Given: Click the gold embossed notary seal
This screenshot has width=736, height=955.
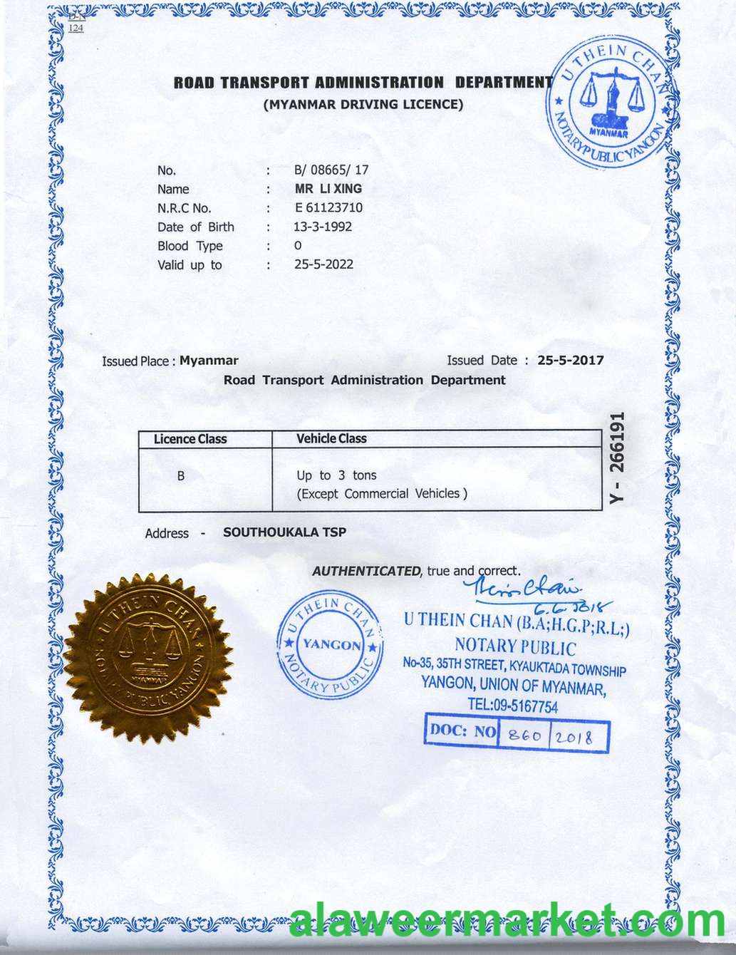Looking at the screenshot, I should point(150,656).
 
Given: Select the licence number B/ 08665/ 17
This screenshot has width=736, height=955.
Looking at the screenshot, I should point(331,170).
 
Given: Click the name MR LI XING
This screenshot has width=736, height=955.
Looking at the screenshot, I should point(328,189).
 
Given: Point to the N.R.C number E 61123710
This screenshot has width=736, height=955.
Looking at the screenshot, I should point(328,208).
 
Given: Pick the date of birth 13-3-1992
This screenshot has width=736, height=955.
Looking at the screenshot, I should point(323,227).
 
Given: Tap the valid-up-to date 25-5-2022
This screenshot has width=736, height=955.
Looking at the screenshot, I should point(323,264).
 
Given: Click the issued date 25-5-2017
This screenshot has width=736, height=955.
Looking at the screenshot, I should point(570,361).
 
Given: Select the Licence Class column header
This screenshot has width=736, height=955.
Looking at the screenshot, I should point(190,439).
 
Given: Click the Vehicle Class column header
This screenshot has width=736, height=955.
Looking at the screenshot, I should point(331,439).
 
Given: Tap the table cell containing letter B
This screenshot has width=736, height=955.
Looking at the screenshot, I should point(181,475).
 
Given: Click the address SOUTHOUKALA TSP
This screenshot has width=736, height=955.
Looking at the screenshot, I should point(284,532).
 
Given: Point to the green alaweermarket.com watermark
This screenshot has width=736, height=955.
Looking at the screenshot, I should point(507,923).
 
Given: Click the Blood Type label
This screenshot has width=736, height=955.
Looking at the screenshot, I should point(190,246).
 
